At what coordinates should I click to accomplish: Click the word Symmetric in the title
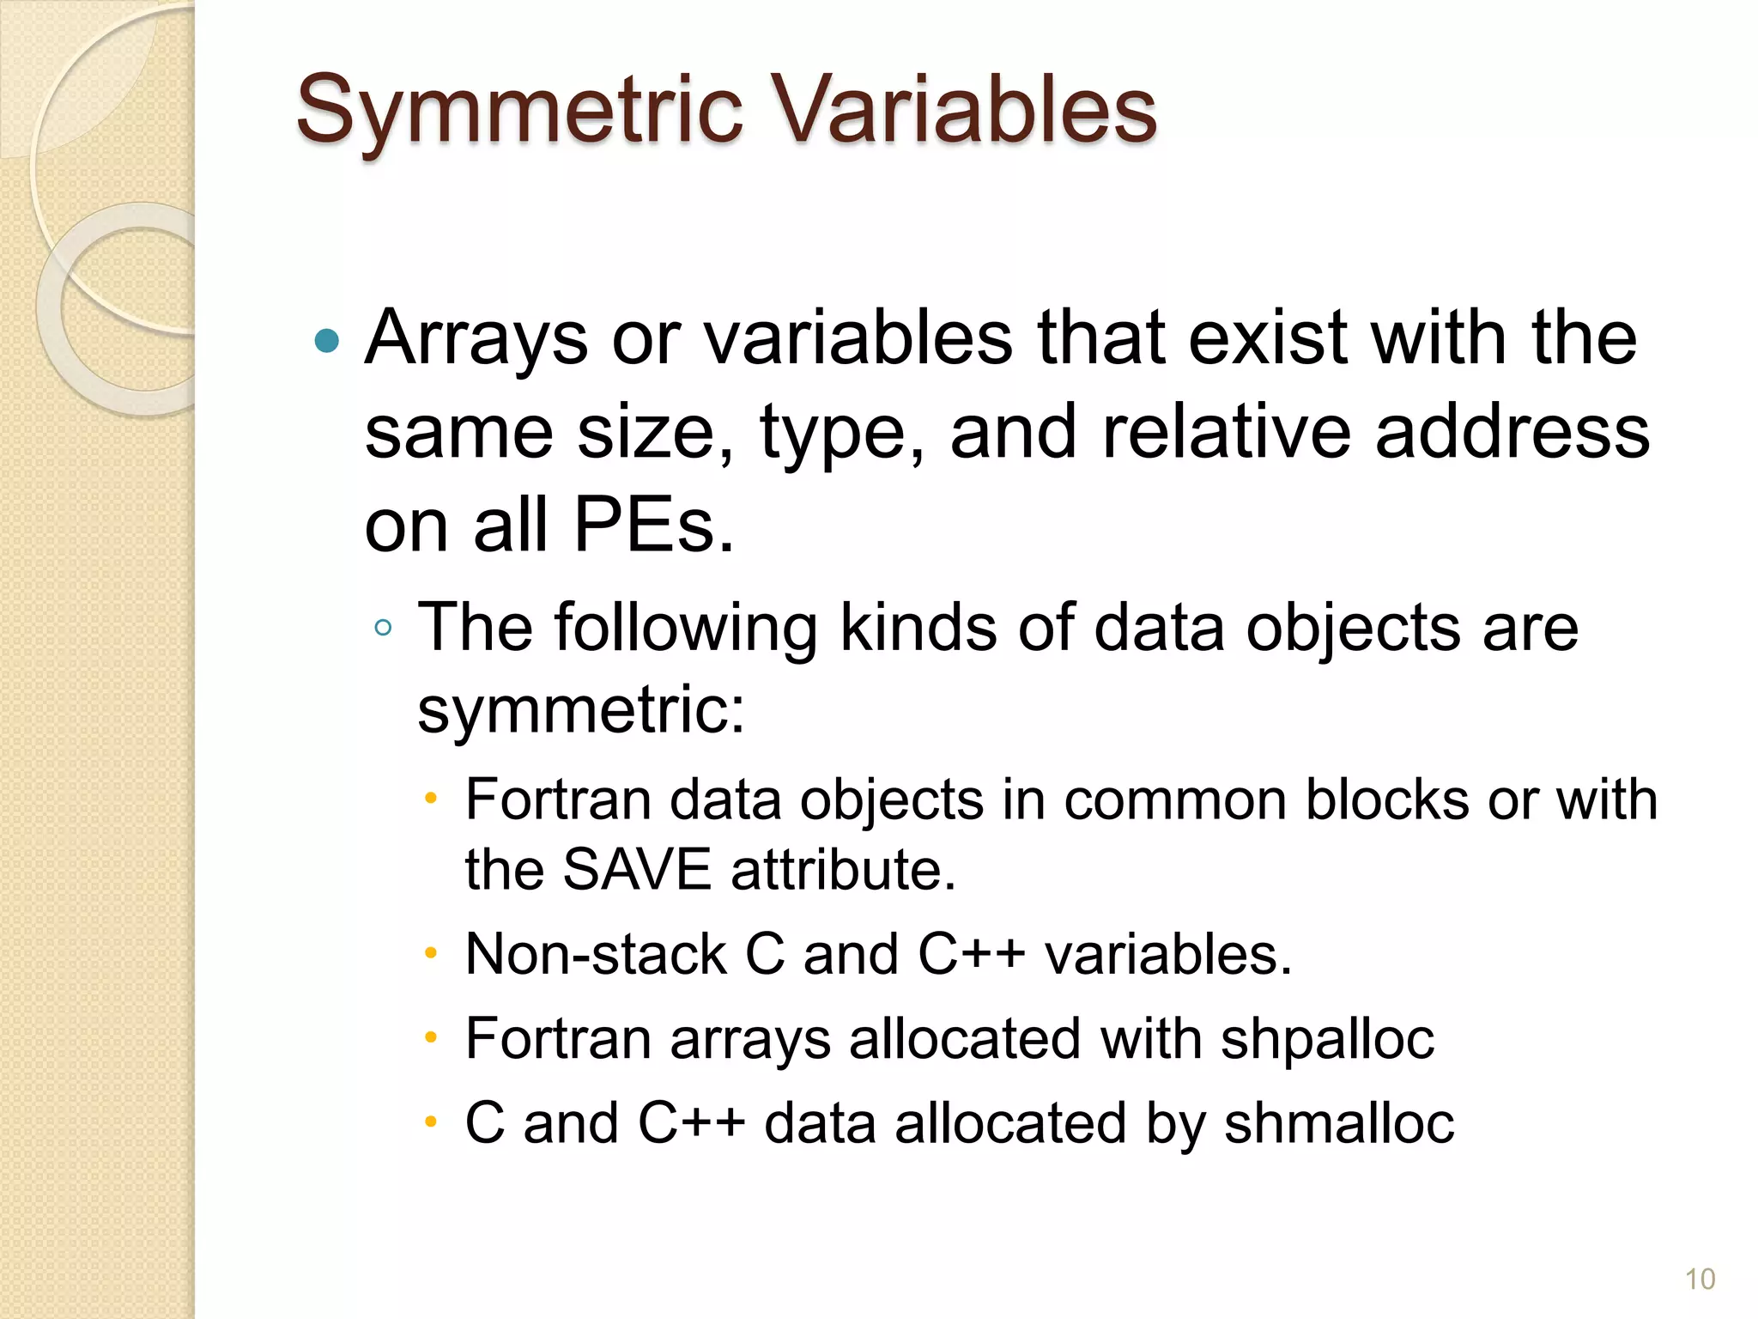pyautogui.click(x=518, y=110)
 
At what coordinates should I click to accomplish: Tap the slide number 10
pyautogui.click(x=1700, y=1279)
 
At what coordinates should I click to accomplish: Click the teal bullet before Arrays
pyautogui.click(x=327, y=342)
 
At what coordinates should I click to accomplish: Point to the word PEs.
pyautogui.click(x=653, y=526)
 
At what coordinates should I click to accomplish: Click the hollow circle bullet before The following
pyautogui.click(x=384, y=628)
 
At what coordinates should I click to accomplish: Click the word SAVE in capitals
pyautogui.click(x=637, y=869)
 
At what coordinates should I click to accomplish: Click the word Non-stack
pyautogui.click(x=596, y=954)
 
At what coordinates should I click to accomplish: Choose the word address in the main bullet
pyautogui.click(x=1512, y=432)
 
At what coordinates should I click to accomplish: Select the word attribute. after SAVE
pyautogui.click(x=843, y=869)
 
